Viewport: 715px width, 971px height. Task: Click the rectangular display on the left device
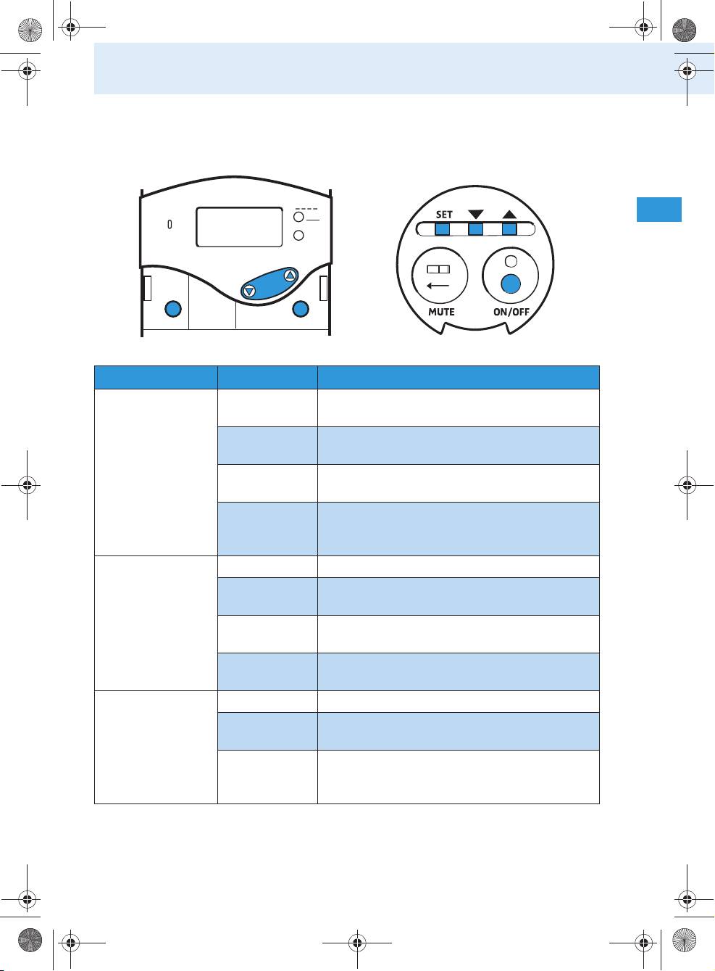[239, 227]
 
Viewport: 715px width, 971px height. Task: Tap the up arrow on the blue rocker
[290, 275]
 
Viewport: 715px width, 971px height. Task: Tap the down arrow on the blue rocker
[249, 291]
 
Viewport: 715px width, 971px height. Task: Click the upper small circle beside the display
[298, 217]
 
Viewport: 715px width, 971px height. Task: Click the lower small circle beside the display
[298, 236]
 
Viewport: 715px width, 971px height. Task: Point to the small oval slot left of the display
[170, 225]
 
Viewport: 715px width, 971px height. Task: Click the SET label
[444, 215]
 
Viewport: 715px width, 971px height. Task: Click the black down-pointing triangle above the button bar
[476, 215]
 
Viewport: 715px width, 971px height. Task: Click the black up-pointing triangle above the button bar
[509, 215]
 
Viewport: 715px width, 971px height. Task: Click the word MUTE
[441, 312]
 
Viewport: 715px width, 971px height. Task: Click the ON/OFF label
[511, 312]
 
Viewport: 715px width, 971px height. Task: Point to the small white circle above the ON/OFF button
[511, 262]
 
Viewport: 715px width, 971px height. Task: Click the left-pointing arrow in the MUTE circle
[439, 286]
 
